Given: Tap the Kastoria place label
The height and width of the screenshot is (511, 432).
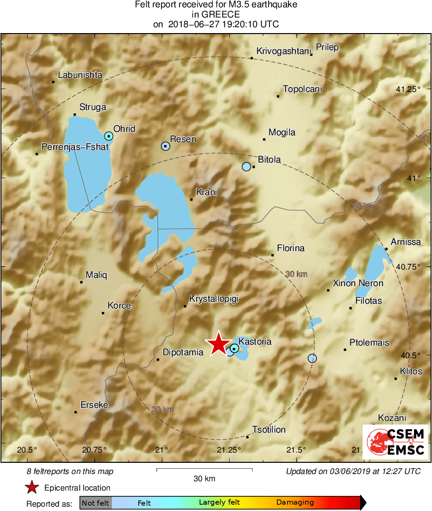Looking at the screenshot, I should [x=255, y=342].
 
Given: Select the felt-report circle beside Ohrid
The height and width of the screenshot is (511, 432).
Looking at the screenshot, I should [x=109, y=136].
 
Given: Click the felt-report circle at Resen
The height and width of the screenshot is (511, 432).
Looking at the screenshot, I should [x=165, y=146].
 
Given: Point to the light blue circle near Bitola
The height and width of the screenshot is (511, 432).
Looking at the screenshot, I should [x=246, y=166].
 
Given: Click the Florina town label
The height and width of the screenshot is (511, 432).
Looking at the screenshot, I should [x=290, y=248].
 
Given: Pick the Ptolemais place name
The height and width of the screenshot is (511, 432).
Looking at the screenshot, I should [x=369, y=343].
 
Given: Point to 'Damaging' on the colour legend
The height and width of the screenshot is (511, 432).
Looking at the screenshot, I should [x=295, y=503].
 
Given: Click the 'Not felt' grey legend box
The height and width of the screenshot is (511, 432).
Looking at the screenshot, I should [x=95, y=503].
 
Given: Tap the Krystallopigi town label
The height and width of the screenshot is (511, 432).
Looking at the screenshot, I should [x=214, y=299].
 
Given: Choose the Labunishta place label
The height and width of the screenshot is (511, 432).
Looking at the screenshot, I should [x=80, y=75].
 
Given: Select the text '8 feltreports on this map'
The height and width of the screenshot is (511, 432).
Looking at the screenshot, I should [x=70, y=471].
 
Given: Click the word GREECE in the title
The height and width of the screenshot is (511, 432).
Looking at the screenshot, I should [x=216, y=15].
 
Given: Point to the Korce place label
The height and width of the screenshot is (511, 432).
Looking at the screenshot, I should [x=119, y=306].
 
